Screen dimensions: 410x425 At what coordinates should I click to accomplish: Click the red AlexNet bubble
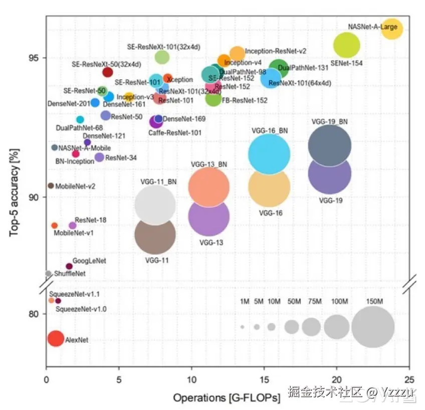56,338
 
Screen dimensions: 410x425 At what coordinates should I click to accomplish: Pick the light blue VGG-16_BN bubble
269,154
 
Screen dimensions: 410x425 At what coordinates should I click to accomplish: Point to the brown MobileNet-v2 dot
51,185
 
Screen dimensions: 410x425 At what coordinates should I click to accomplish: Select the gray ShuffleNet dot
49,274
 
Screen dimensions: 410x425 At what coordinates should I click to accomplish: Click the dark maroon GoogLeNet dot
69,266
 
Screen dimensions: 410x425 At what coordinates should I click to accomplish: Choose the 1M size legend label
245,301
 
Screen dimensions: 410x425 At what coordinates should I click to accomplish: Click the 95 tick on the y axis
35,58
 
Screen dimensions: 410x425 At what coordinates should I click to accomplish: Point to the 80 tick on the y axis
35,314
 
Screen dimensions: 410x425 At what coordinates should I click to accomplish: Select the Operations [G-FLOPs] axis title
227,398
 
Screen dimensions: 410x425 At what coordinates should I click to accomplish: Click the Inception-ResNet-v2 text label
275,51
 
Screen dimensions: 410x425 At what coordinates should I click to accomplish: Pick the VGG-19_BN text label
329,121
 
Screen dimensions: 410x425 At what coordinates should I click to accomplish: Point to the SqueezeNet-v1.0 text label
81,309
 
